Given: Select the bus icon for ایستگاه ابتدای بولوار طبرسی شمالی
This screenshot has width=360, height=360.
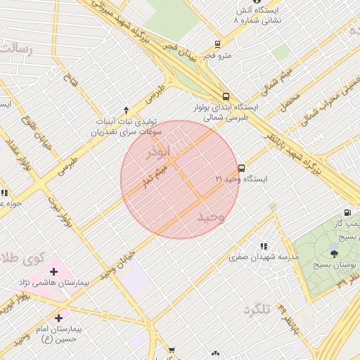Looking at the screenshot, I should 226,97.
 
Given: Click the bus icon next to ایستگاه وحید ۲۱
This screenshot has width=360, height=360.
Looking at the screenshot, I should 241,168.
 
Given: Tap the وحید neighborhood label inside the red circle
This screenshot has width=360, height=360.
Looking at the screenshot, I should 210,217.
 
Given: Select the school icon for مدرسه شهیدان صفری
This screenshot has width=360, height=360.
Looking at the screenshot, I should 263,246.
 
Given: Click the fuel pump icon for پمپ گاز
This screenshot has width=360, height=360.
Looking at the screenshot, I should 347,212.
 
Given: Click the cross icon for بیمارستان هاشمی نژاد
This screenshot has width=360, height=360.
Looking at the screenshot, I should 54,271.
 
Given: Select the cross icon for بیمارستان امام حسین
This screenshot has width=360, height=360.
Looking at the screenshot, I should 58,318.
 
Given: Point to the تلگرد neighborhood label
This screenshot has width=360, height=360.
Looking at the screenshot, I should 257,310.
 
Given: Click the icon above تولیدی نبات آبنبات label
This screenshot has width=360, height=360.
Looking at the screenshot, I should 126,110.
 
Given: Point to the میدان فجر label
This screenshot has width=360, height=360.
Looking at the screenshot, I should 179,50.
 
